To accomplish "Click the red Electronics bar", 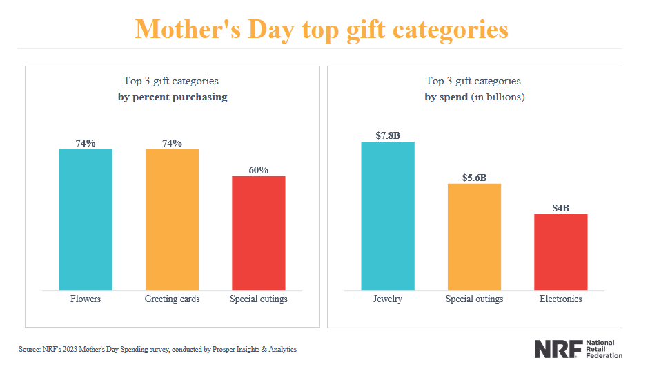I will click(x=561, y=252).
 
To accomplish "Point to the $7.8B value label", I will click(x=388, y=135).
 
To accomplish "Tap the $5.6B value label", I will click(x=474, y=177).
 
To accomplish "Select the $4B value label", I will click(x=561, y=207).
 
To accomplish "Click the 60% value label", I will click(x=259, y=170).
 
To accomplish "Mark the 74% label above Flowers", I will click(x=86, y=143).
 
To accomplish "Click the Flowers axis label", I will click(x=86, y=299).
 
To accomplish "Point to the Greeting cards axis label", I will click(x=172, y=299).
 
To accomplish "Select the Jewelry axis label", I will click(x=388, y=299).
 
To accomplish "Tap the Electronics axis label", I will click(x=561, y=299).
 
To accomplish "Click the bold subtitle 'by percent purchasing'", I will click(x=172, y=97).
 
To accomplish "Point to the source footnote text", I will click(x=157, y=350).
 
